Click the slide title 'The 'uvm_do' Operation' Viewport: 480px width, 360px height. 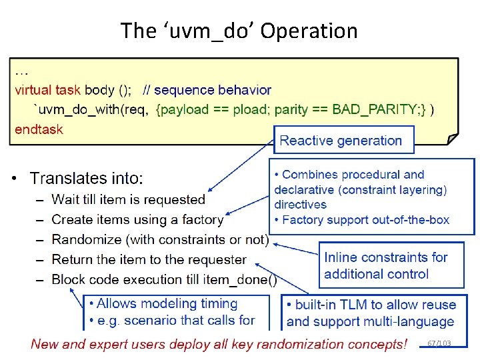[239, 31]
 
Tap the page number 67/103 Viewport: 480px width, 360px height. [439, 343]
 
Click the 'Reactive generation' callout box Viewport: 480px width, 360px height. [341, 141]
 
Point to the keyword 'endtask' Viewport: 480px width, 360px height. [39, 129]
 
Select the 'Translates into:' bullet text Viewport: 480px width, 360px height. [86, 178]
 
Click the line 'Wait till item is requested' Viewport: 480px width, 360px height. [128, 199]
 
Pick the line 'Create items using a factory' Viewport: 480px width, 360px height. [137, 219]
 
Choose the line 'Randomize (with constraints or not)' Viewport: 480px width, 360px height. [160, 239]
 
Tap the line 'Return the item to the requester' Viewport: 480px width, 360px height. [149, 259]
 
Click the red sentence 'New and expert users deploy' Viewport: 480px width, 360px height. [219, 344]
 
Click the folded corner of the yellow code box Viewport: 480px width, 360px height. [452, 139]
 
